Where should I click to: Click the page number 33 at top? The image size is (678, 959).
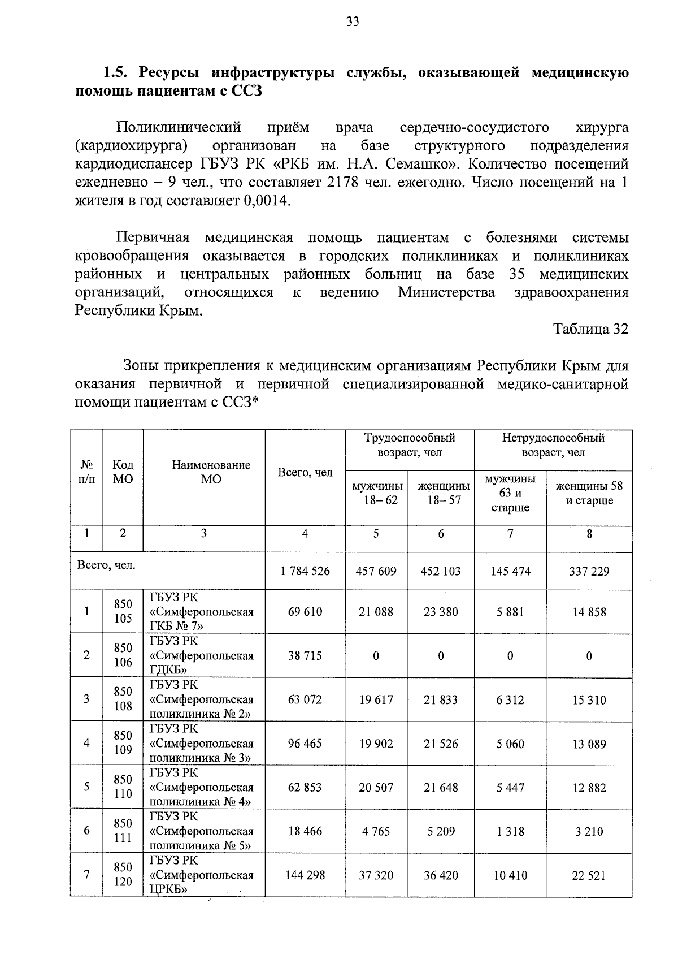click(352, 22)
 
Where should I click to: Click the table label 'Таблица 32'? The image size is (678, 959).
click(590, 329)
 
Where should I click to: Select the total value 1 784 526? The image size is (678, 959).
click(305, 571)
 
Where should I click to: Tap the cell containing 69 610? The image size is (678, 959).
click(305, 612)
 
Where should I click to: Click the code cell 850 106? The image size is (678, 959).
click(123, 655)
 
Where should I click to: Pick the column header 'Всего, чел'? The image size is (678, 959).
click(305, 473)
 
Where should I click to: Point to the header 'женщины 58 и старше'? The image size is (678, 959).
click(589, 494)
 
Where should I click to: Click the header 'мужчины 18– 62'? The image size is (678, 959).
click(377, 494)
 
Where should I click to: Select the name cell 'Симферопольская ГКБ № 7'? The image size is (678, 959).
click(202, 612)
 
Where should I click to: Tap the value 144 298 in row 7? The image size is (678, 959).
click(305, 875)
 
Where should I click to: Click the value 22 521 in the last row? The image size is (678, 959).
click(589, 876)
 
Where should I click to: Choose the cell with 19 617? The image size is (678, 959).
click(376, 699)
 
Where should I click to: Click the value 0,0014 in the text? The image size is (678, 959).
click(266, 201)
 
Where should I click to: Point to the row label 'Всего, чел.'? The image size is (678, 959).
click(106, 565)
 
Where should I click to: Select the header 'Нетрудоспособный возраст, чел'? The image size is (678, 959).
click(553, 445)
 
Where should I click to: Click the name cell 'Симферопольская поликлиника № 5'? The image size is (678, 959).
click(202, 831)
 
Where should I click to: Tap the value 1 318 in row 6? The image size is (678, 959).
click(510, 832)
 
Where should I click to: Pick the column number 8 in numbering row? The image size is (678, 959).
click(589, 533)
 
